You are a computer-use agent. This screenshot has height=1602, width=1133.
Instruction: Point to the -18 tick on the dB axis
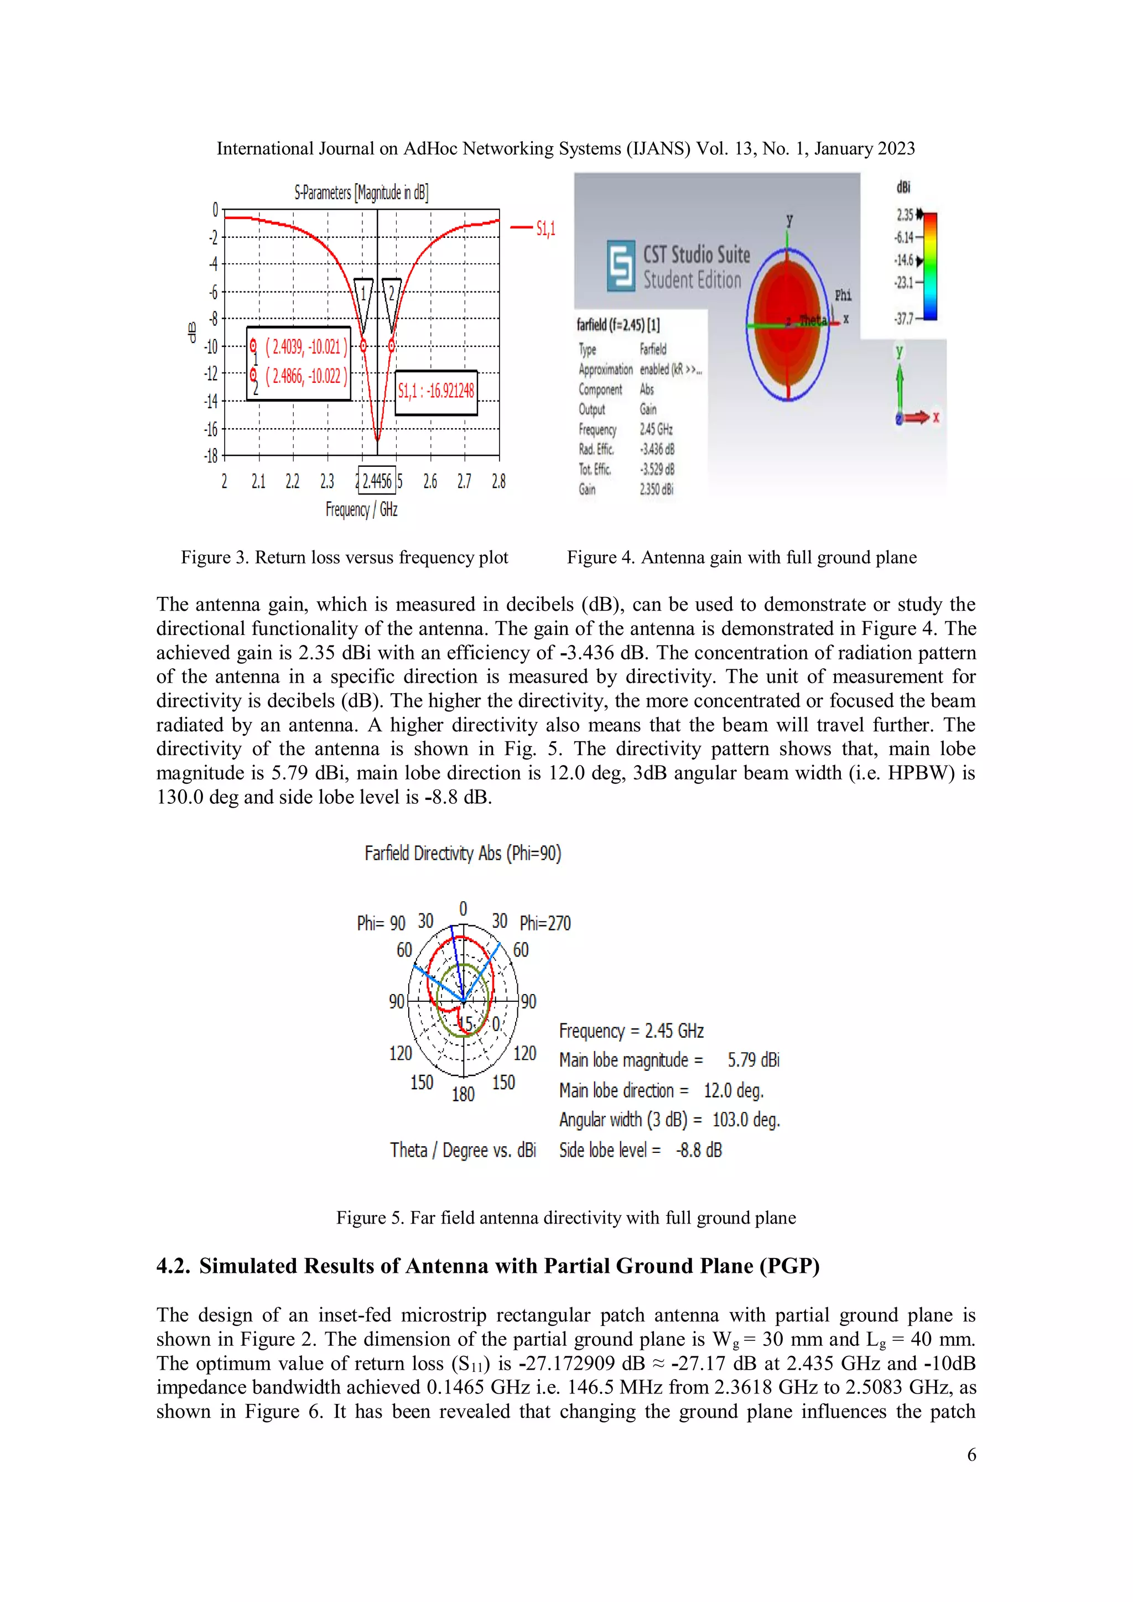coord(211,456)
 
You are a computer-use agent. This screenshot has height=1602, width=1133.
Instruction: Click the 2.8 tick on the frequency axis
coord(498,481)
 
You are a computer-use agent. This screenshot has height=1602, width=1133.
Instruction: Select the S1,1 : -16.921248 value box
coord(436,392)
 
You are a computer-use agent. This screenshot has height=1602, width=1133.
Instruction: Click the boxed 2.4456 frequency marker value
coord(377,481)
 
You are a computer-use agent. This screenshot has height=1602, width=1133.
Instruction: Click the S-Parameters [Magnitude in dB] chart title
coord(361,193)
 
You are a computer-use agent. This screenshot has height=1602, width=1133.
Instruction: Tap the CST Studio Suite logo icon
coord(620,266)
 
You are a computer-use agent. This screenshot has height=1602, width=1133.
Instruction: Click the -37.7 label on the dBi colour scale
coord(903,319)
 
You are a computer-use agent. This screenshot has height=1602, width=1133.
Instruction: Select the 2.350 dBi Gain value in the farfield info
coord(657,489)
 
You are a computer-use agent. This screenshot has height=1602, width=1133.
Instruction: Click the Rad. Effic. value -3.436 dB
coord(657,449)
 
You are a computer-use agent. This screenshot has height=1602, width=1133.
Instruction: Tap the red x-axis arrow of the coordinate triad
coord(919,417)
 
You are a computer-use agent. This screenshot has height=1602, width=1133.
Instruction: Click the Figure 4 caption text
coord(742,558)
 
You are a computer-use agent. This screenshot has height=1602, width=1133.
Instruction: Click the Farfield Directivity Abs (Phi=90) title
coord(462,854)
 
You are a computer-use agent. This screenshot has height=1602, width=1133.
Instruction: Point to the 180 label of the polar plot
coord(463,1094)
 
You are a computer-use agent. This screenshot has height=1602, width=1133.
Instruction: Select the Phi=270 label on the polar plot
coord(545,924)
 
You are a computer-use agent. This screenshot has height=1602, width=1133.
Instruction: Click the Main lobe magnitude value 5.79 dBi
coord(753,1060)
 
